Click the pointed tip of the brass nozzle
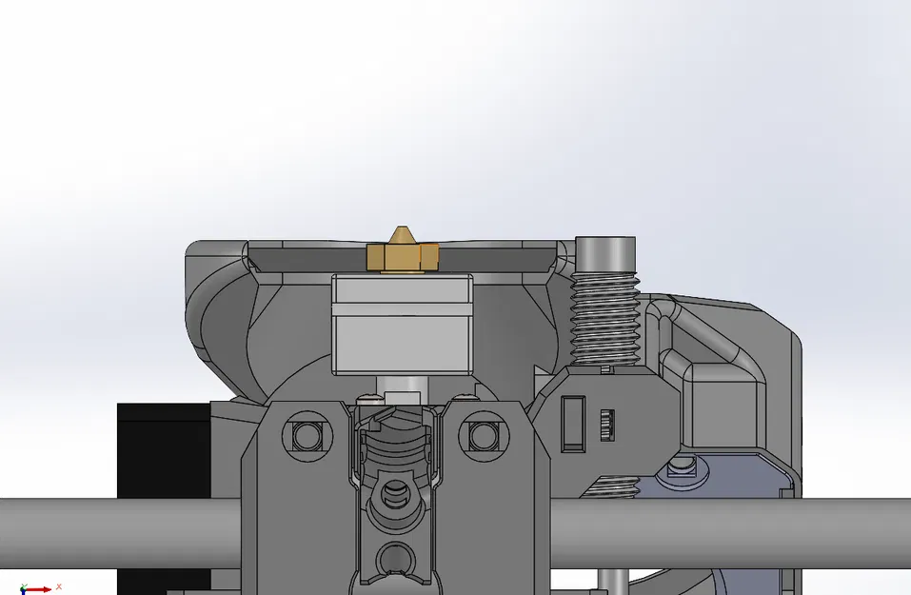pos(402,231)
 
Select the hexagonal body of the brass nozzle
pos(402,256)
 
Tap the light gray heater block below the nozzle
pos(402,324)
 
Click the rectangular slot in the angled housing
pos(573,421)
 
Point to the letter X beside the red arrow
pos(58,586)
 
